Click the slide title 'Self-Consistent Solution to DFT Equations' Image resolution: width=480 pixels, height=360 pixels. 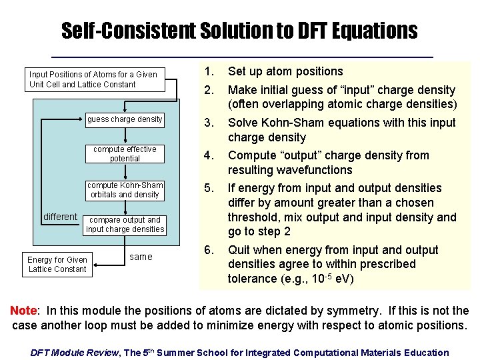tap(239, 30)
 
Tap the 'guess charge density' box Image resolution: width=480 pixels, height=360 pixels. tap(125, 119)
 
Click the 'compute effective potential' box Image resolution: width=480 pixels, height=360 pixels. tap(125, 154)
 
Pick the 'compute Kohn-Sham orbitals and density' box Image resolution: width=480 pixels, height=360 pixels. tap(125, 189)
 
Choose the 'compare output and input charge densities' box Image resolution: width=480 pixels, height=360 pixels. tap(125, 225)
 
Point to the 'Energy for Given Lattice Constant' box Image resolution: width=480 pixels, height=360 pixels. tap(57, 265)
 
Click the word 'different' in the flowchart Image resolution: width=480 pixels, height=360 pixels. tap(61, 217)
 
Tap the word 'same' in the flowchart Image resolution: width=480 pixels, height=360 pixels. tap(141, 257)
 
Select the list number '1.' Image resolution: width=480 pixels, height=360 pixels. tap(209, 71)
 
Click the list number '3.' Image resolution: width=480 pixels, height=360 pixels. tap(209, 123)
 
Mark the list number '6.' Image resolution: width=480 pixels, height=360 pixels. tap(209, 250)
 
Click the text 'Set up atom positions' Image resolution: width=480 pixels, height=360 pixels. tap(285, 71)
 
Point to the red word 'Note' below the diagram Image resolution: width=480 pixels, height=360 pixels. tap(23, 311)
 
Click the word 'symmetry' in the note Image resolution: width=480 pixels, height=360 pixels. tap(321, 311)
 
